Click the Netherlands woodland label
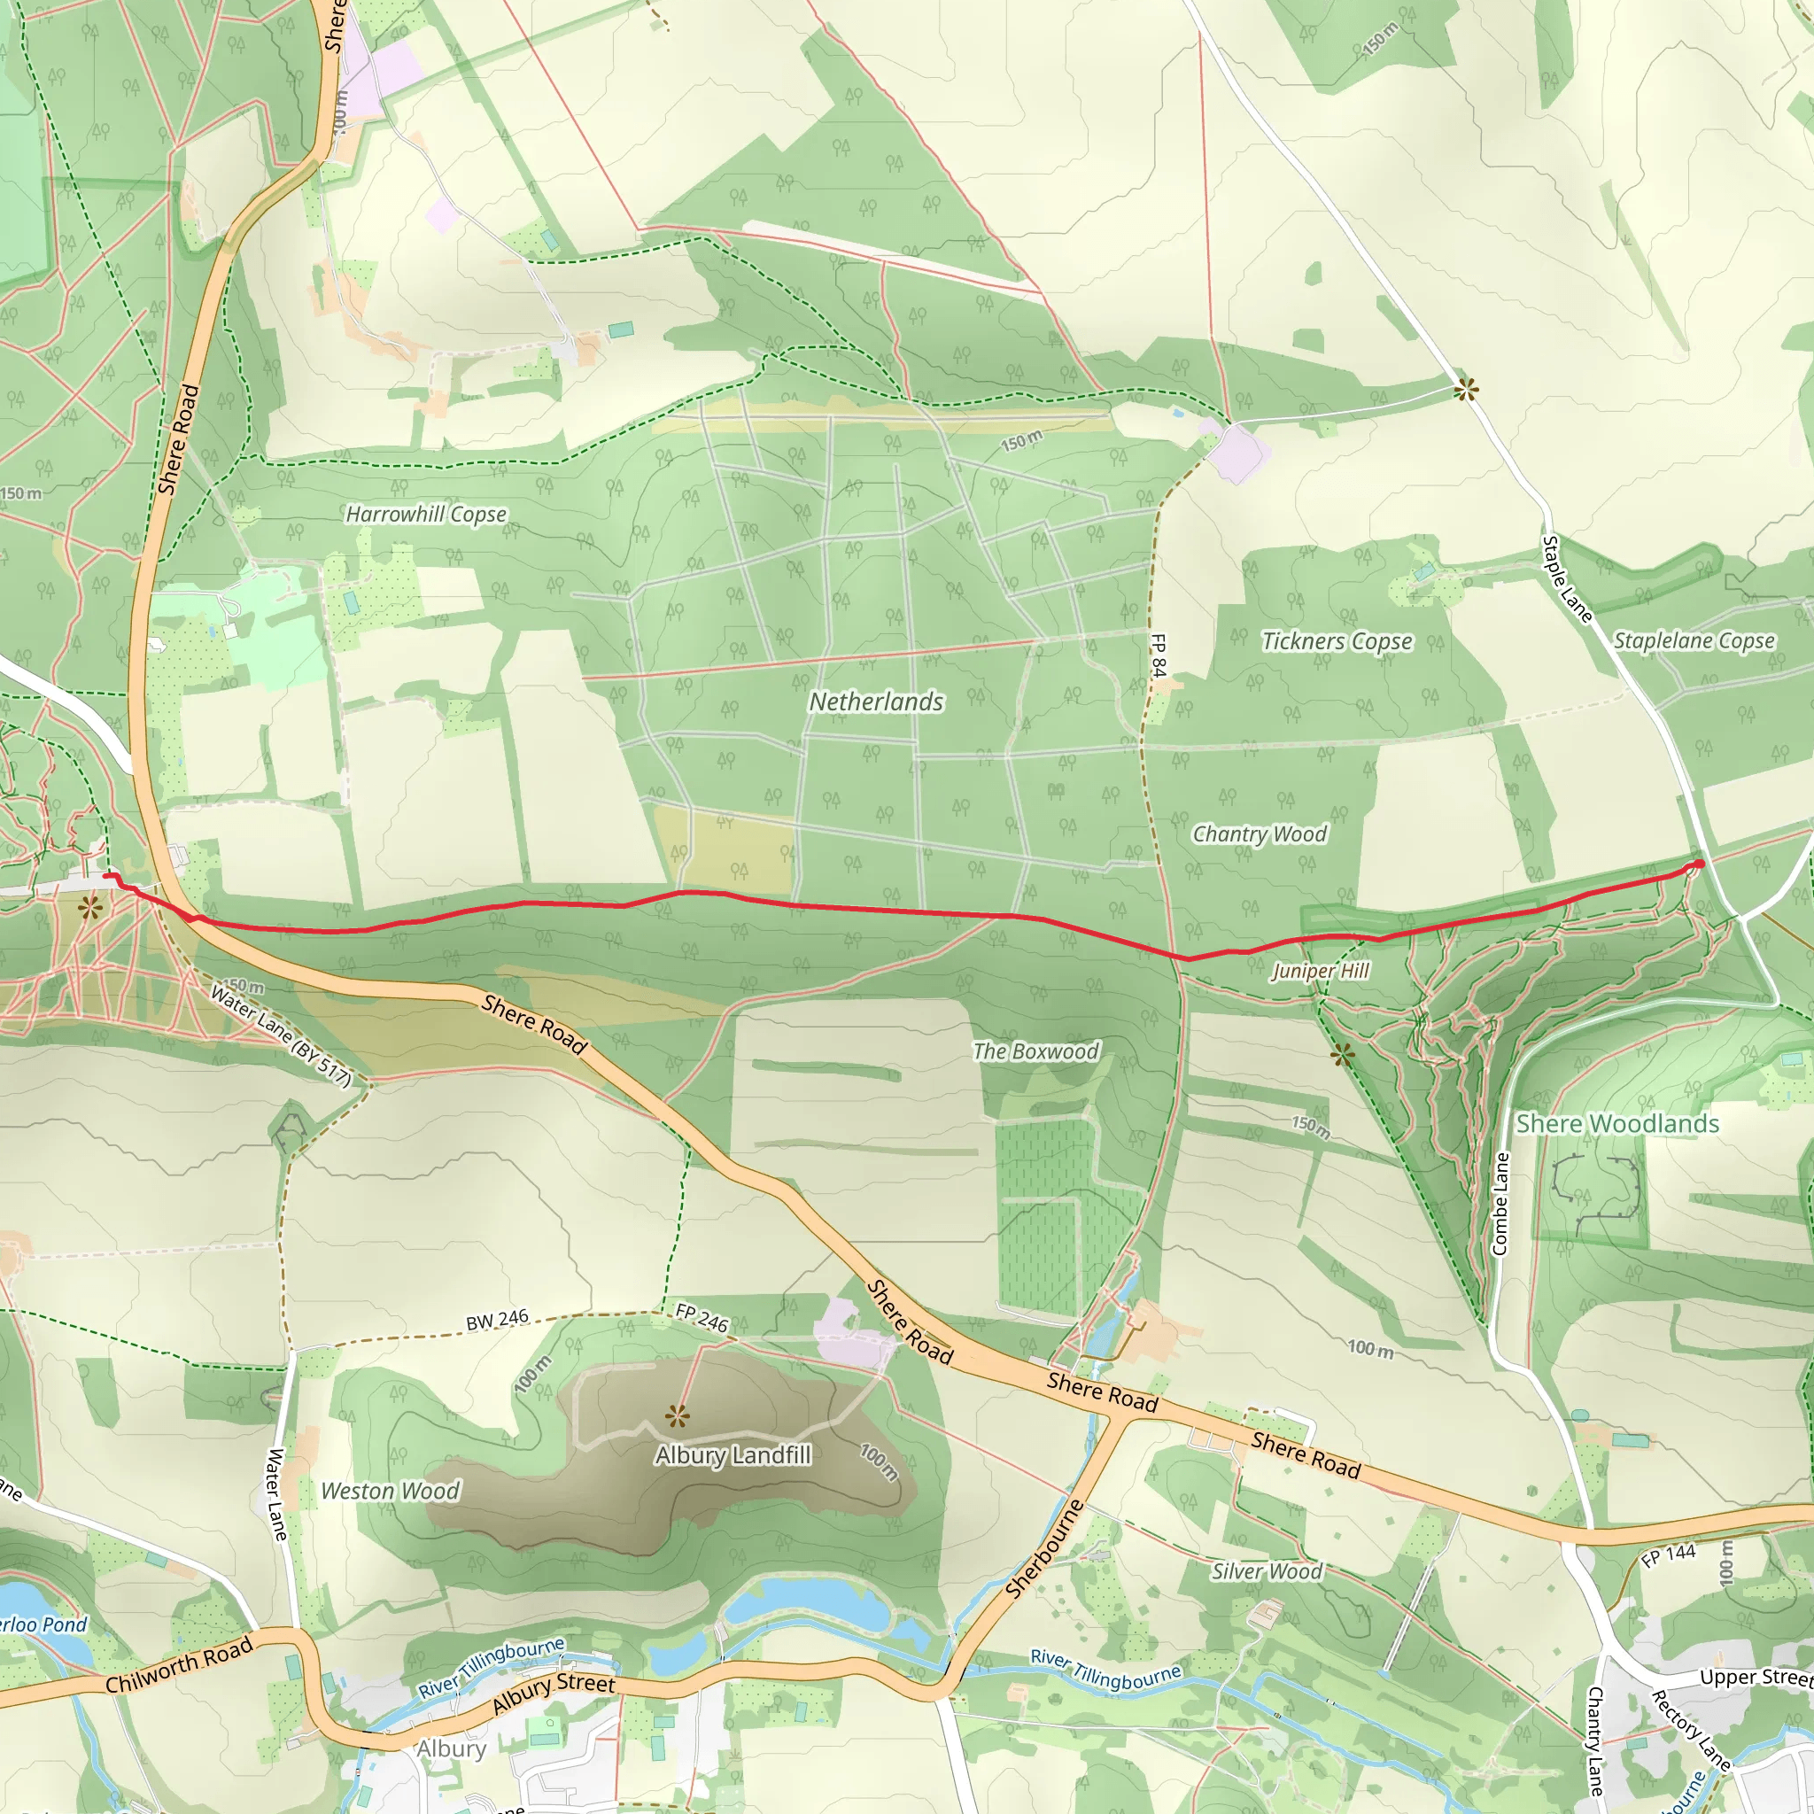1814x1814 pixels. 876,702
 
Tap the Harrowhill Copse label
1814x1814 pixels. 426,515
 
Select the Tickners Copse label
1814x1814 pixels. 1336,641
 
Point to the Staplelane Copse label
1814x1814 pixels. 1694,641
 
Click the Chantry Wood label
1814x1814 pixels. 1260,833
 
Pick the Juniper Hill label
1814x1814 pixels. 1320,971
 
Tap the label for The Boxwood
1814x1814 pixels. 1035,1051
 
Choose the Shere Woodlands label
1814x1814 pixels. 1616,1124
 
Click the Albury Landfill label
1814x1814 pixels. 733,1455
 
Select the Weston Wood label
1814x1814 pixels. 390,1491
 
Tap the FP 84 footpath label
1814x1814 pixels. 1159,655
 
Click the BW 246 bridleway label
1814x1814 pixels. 498,1321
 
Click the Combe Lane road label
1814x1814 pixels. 1500,1204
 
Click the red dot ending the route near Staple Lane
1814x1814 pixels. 1699,864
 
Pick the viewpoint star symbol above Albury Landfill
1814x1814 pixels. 677,1416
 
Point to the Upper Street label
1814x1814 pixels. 1756,1677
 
